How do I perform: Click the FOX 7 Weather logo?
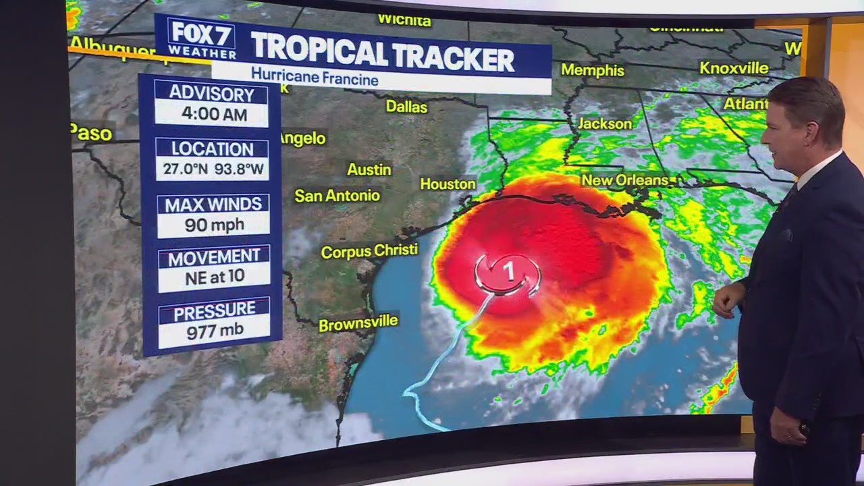201,38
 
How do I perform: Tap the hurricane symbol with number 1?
508,272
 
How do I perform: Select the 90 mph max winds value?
214,224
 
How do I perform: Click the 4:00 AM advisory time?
214,114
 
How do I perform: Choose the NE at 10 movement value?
214,277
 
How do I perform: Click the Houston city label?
448,184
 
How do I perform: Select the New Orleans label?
624,180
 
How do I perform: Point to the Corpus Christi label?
369,251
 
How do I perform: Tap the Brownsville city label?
358,323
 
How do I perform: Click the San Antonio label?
337,196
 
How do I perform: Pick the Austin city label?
369,169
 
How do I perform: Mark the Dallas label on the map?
406,107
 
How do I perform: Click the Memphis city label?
592,70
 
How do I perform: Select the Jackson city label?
605,124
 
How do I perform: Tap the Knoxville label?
734,68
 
